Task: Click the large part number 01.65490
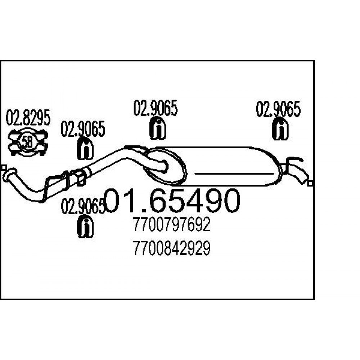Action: coord(172,201)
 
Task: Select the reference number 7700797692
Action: coord(172,225)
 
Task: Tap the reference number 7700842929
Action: coord(172,248)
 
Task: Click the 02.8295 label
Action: coord(28,118)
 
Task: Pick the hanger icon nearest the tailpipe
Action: coord(280,129)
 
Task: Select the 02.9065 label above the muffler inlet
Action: coord(156,108)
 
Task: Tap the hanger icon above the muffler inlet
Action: coord(158,129)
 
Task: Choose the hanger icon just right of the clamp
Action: coord(85,149)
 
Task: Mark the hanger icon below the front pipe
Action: coord(85,226)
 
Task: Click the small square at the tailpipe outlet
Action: coord(311,184)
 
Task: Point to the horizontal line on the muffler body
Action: coord(234,174)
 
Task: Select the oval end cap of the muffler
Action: coord(165,166)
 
